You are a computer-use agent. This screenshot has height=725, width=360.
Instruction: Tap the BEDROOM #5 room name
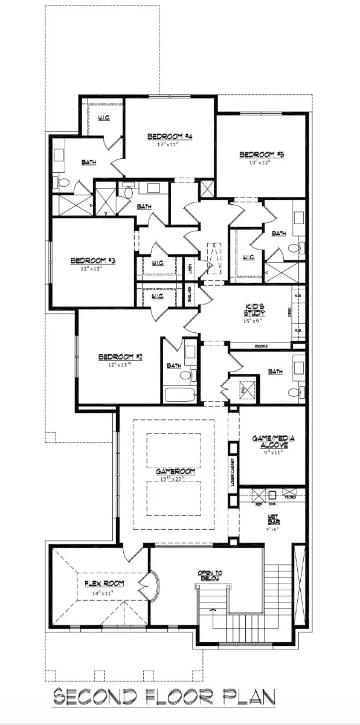tap(262, 154)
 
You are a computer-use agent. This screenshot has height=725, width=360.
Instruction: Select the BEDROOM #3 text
tap(93, 260)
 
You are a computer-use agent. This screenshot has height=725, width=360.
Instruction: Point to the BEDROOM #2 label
tap(120, 357)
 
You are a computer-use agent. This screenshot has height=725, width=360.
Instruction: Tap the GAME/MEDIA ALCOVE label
tap(270, 441)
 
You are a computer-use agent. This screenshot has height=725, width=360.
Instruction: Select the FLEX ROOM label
tap(104, 583)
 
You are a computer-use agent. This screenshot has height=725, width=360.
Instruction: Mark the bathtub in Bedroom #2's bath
tap(180, 396)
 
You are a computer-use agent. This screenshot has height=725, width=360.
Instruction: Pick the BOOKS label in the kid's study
tap(262, 346)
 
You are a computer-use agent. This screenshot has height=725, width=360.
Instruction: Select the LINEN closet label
tap(190, 269)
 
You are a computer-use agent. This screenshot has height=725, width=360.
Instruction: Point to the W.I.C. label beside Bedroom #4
tap(103, 118)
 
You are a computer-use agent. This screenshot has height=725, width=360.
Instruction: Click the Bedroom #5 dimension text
tap(260, 162)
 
